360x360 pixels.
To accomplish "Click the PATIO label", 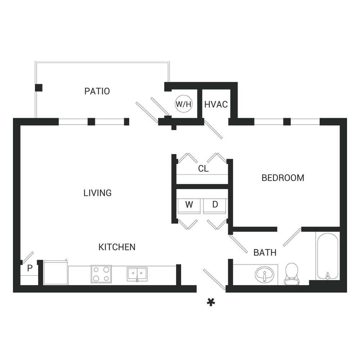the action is click(97, 91).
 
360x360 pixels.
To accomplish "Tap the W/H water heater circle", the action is click(184, 104).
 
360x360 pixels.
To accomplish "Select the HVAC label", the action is click(216, 104).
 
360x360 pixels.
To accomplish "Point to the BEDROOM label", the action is click(283, 178).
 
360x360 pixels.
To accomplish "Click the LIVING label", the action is click(98, 193).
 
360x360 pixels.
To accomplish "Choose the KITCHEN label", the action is click(117, 247).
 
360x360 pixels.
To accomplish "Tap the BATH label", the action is click(265, 253).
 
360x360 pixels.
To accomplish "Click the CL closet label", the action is click(203, 169).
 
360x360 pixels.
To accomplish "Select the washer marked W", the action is click(189, 206).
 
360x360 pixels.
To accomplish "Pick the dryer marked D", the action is click(215, 206).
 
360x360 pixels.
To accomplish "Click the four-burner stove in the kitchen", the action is click(101, 274).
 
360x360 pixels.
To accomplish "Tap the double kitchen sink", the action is click(137, 274).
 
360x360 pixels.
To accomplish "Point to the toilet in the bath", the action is click(292, 274).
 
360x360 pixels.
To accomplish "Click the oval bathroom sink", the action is click(265, 274).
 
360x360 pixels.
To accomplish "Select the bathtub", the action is click(328, 256).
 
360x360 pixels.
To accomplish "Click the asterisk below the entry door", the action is click(211, 302).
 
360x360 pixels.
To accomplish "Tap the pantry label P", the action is click(30, 268).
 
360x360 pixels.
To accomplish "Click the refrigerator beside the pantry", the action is click(56, 273).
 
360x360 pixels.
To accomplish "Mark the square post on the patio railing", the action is click(39, 88).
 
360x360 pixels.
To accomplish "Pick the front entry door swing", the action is click(214, 279).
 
